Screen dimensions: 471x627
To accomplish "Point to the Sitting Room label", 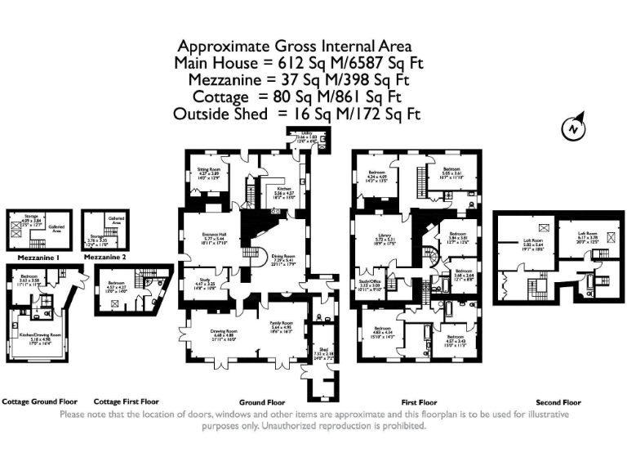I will pos(209,172).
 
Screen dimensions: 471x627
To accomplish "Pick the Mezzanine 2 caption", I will pos(105,257).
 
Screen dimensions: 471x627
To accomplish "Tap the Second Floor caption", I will pos(558,403).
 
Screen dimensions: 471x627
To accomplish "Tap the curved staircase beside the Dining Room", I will pos(254,255).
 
